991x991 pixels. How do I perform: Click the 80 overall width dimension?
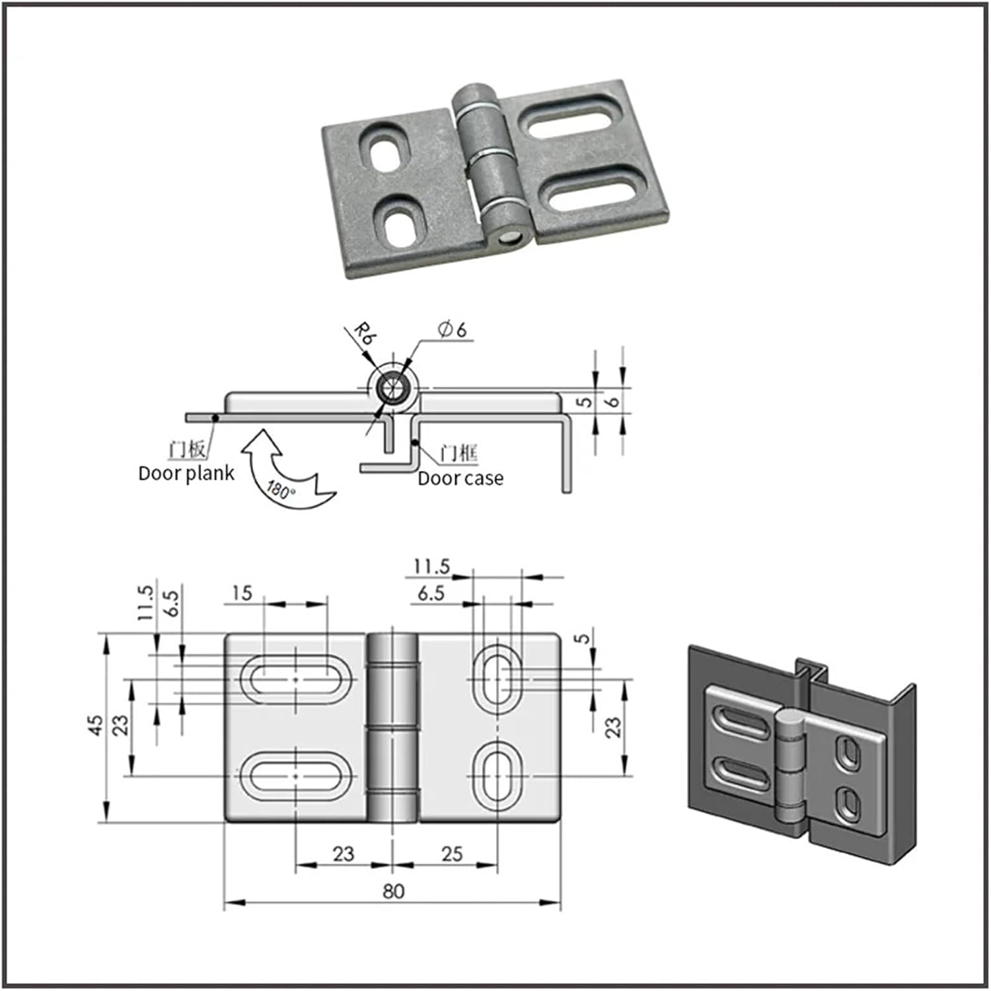(393, 891)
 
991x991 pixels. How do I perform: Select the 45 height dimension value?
(96, 725)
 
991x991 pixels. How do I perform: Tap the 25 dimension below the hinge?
(452, 854)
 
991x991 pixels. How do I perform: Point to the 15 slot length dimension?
(242, 593)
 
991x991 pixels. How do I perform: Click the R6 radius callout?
(364, 333)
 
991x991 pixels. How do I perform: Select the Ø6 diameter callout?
(452, 329)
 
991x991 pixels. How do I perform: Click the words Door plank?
(186, 473)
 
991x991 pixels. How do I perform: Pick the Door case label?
(460, 478)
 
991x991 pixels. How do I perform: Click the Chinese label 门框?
(458, 453)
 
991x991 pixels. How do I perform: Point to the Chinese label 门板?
(188, 449)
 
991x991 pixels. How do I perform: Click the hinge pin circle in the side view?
(393, 388)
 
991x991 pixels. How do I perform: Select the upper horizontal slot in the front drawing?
(295, 679)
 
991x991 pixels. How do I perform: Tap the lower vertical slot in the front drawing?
(497, 775)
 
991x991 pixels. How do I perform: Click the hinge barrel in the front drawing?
(392, 727)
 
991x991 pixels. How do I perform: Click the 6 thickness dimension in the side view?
(614, 400)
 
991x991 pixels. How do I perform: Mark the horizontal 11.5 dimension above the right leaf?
(431, 567)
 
